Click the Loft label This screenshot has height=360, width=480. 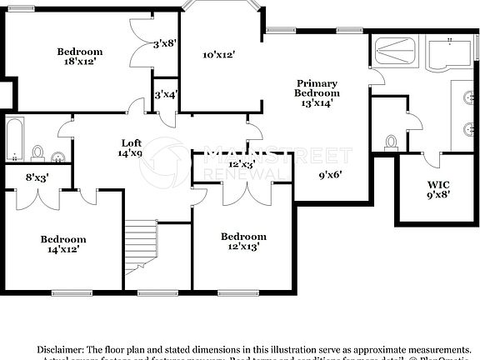click(x=132, y=142)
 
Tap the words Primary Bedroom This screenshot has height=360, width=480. click(x=317, y=88)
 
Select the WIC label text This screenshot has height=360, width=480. click(x=437, y=184)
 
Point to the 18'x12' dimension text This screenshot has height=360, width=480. click(x=80, y=61)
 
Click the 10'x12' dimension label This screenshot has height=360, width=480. click(x=218, y=56)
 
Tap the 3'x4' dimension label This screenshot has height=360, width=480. click(x=165, y=95)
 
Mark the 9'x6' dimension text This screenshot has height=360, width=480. click(x=331, y=175)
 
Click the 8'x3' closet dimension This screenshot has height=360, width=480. click(x=37, y=177)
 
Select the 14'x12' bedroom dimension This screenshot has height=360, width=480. click(x=63, y=249)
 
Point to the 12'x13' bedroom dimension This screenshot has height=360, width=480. click(x=243, y=246)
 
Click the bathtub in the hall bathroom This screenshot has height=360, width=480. click(x=14, y=141)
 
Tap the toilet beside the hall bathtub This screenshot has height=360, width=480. click(x=38, y=152)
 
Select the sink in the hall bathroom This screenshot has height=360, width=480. click(x=57, y=156)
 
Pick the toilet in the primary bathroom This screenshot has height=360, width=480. click(x=390, y=143)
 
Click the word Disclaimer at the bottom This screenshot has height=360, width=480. click(x=59, y=349)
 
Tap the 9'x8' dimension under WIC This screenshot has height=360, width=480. click(x=437, y=196)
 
